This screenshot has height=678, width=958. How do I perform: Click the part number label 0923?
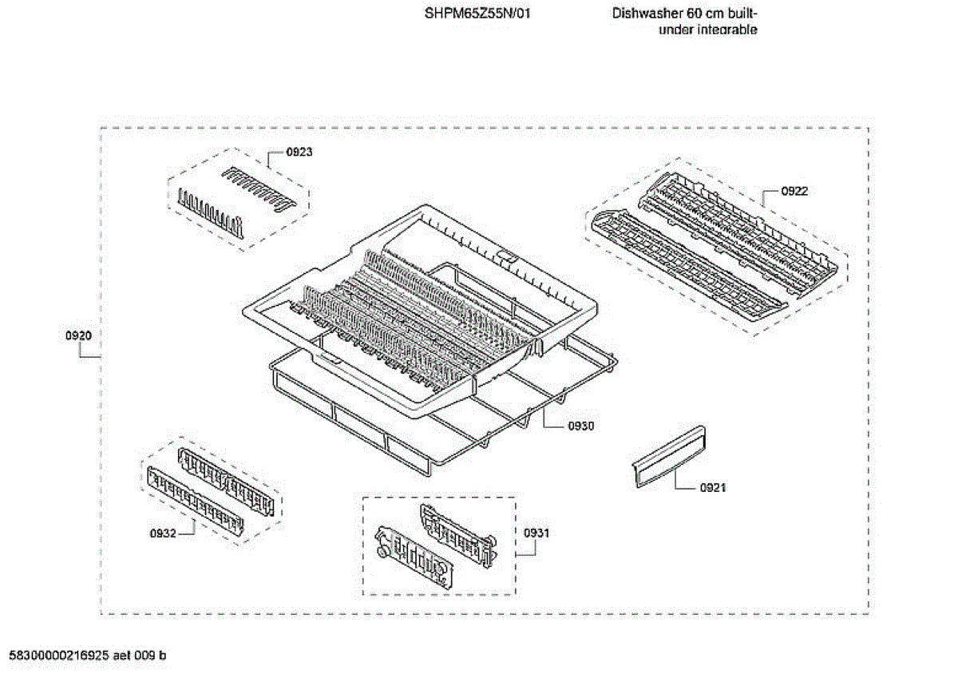299,151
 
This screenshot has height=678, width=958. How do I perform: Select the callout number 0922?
794,191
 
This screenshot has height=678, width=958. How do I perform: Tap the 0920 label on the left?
78,336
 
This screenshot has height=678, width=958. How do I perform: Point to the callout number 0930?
581,426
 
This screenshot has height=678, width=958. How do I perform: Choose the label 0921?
713,487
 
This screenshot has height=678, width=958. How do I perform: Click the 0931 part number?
536,533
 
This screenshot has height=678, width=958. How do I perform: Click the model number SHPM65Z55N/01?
477,14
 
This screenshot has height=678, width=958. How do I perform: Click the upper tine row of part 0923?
255,188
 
